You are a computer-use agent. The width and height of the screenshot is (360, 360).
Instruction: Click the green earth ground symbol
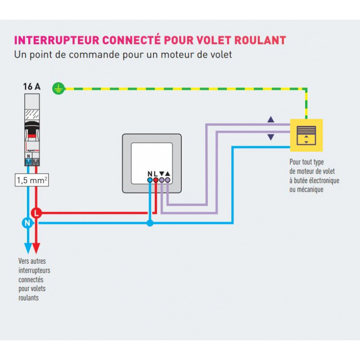click(57, 88)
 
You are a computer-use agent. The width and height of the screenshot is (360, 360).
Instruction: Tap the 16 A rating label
click(31, 87)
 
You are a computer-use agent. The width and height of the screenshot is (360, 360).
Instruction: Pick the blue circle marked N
click(27, 222)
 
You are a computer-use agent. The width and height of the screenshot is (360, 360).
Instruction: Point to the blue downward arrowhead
click(27, 249)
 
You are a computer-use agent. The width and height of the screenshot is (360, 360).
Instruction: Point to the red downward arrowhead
click(36, 249)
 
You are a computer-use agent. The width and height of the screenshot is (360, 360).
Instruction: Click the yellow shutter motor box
click(306, 135)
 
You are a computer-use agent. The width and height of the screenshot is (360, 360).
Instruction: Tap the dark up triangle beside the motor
click(270, 120)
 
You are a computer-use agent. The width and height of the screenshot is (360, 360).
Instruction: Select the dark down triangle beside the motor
click(270, 137)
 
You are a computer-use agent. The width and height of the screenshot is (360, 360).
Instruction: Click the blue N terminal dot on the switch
click(150, 180)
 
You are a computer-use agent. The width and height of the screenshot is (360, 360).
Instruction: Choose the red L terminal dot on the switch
click(156, 180)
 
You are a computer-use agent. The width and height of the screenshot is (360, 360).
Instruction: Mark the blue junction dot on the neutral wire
click(150, 223)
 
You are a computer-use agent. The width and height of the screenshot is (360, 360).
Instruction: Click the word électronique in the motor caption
click(322, 180)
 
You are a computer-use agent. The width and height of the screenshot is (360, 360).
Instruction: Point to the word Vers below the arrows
click(25, 261)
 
